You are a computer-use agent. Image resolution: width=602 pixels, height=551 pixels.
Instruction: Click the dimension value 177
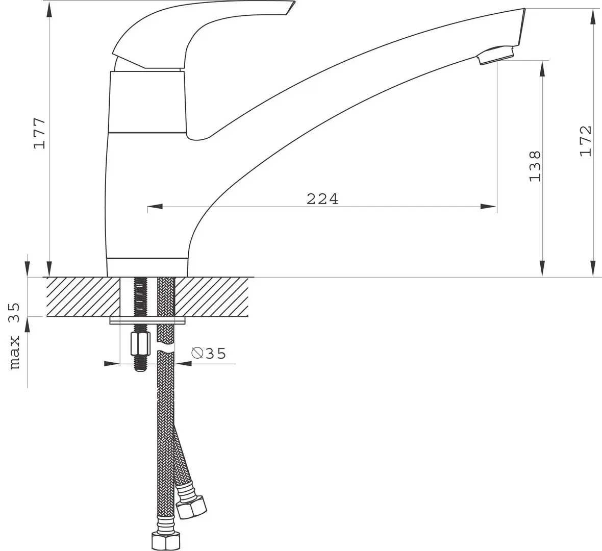(40, 133)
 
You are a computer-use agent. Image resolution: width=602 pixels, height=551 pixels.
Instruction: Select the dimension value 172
(585, 141)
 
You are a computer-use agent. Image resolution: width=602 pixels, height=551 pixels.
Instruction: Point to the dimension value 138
(534, 166)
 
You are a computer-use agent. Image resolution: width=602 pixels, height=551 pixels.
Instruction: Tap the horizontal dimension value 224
(322, 199)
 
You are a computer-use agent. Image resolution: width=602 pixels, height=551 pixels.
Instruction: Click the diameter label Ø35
(208, 354)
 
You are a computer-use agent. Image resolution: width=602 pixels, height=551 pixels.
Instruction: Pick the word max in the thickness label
(15, 352)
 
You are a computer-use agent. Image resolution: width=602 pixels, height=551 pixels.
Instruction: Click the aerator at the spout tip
(496, 56)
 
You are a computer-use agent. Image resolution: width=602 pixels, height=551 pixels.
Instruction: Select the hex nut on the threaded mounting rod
(138, 345)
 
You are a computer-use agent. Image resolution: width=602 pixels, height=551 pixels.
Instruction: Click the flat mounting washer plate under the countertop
(148, 320)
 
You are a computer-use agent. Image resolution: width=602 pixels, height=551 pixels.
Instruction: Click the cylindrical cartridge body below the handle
(147, 102)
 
